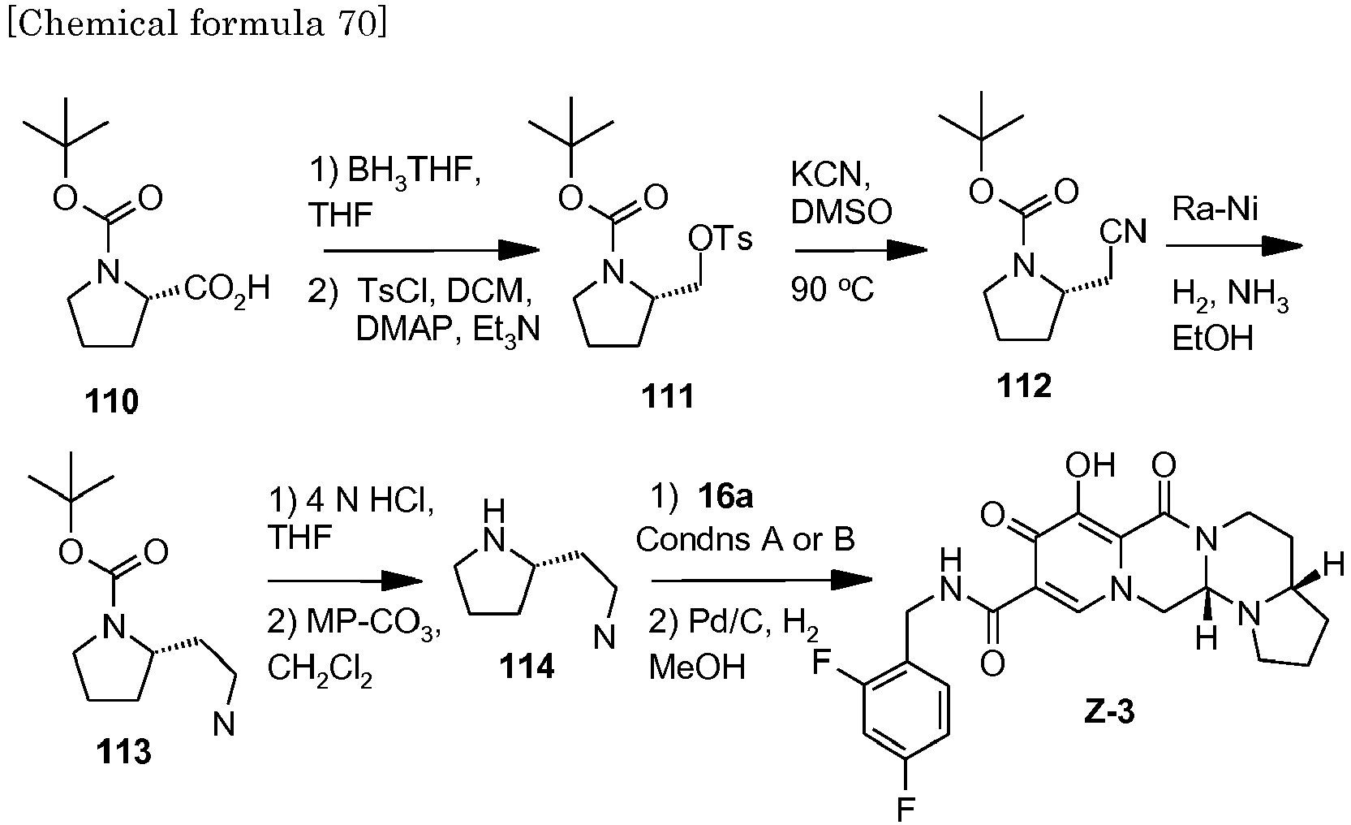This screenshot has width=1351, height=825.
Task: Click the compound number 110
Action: [112, 401]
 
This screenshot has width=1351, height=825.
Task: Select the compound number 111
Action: [667, 397]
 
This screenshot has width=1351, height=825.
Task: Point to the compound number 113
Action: [125, 753]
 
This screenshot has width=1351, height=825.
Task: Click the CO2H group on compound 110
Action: [227, 288]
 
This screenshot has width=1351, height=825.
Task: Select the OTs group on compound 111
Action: [720, 240]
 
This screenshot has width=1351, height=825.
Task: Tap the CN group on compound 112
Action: [1123, 232]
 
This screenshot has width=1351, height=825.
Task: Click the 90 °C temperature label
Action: [833, 290]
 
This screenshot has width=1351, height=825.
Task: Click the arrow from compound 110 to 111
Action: [431, 251]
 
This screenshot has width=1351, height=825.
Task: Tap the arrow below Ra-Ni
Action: [1233, 245]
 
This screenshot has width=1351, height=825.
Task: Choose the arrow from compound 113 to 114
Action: [345, 580]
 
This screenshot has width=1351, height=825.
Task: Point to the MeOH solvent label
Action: [697, 667]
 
